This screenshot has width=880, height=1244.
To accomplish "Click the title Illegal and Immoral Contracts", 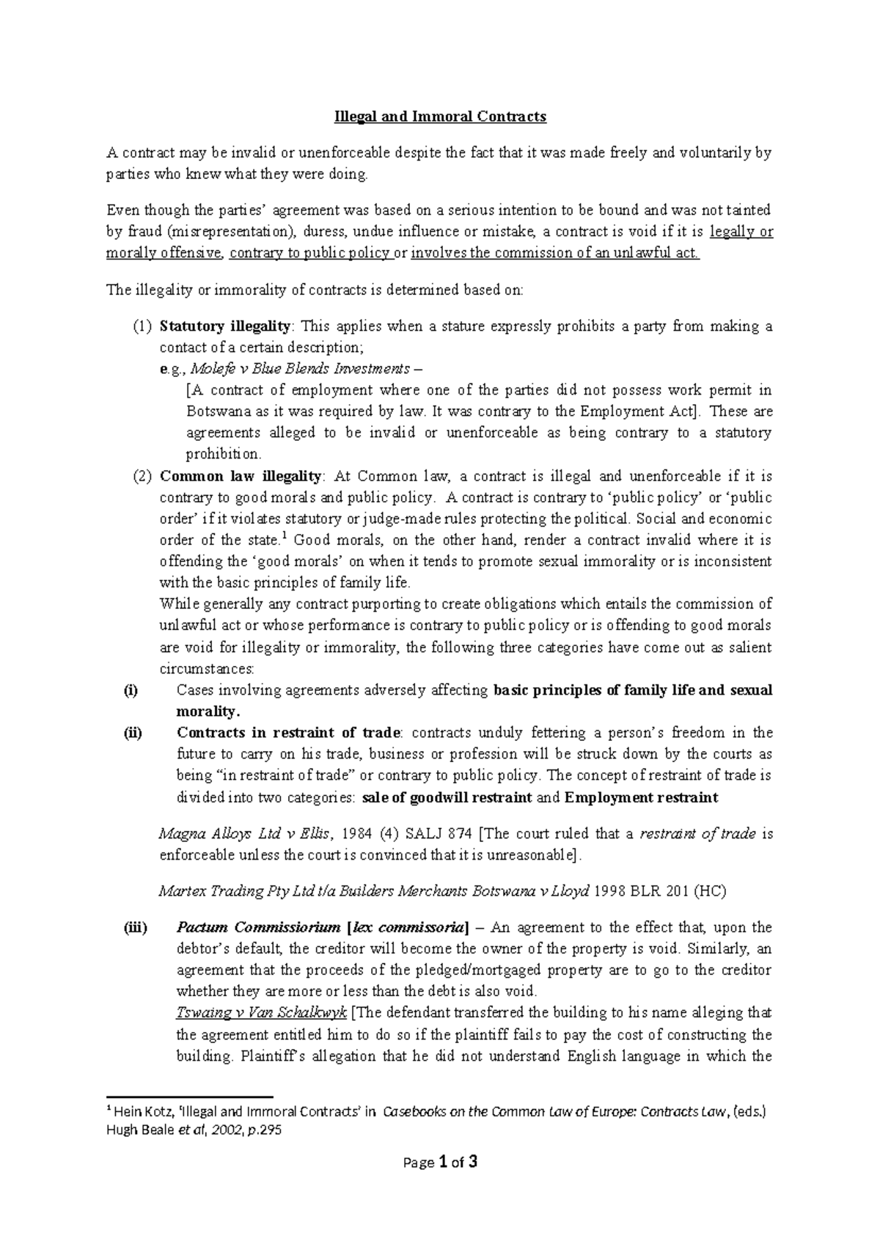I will tap(440, 117).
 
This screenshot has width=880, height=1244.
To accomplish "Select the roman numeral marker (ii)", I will tap(133, 733).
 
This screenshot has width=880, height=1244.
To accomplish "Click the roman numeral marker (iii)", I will tap(134, 928).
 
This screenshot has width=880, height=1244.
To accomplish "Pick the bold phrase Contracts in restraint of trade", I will tap(288, 733).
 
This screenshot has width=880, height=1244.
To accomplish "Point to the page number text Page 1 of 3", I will tap(440, 1163).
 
